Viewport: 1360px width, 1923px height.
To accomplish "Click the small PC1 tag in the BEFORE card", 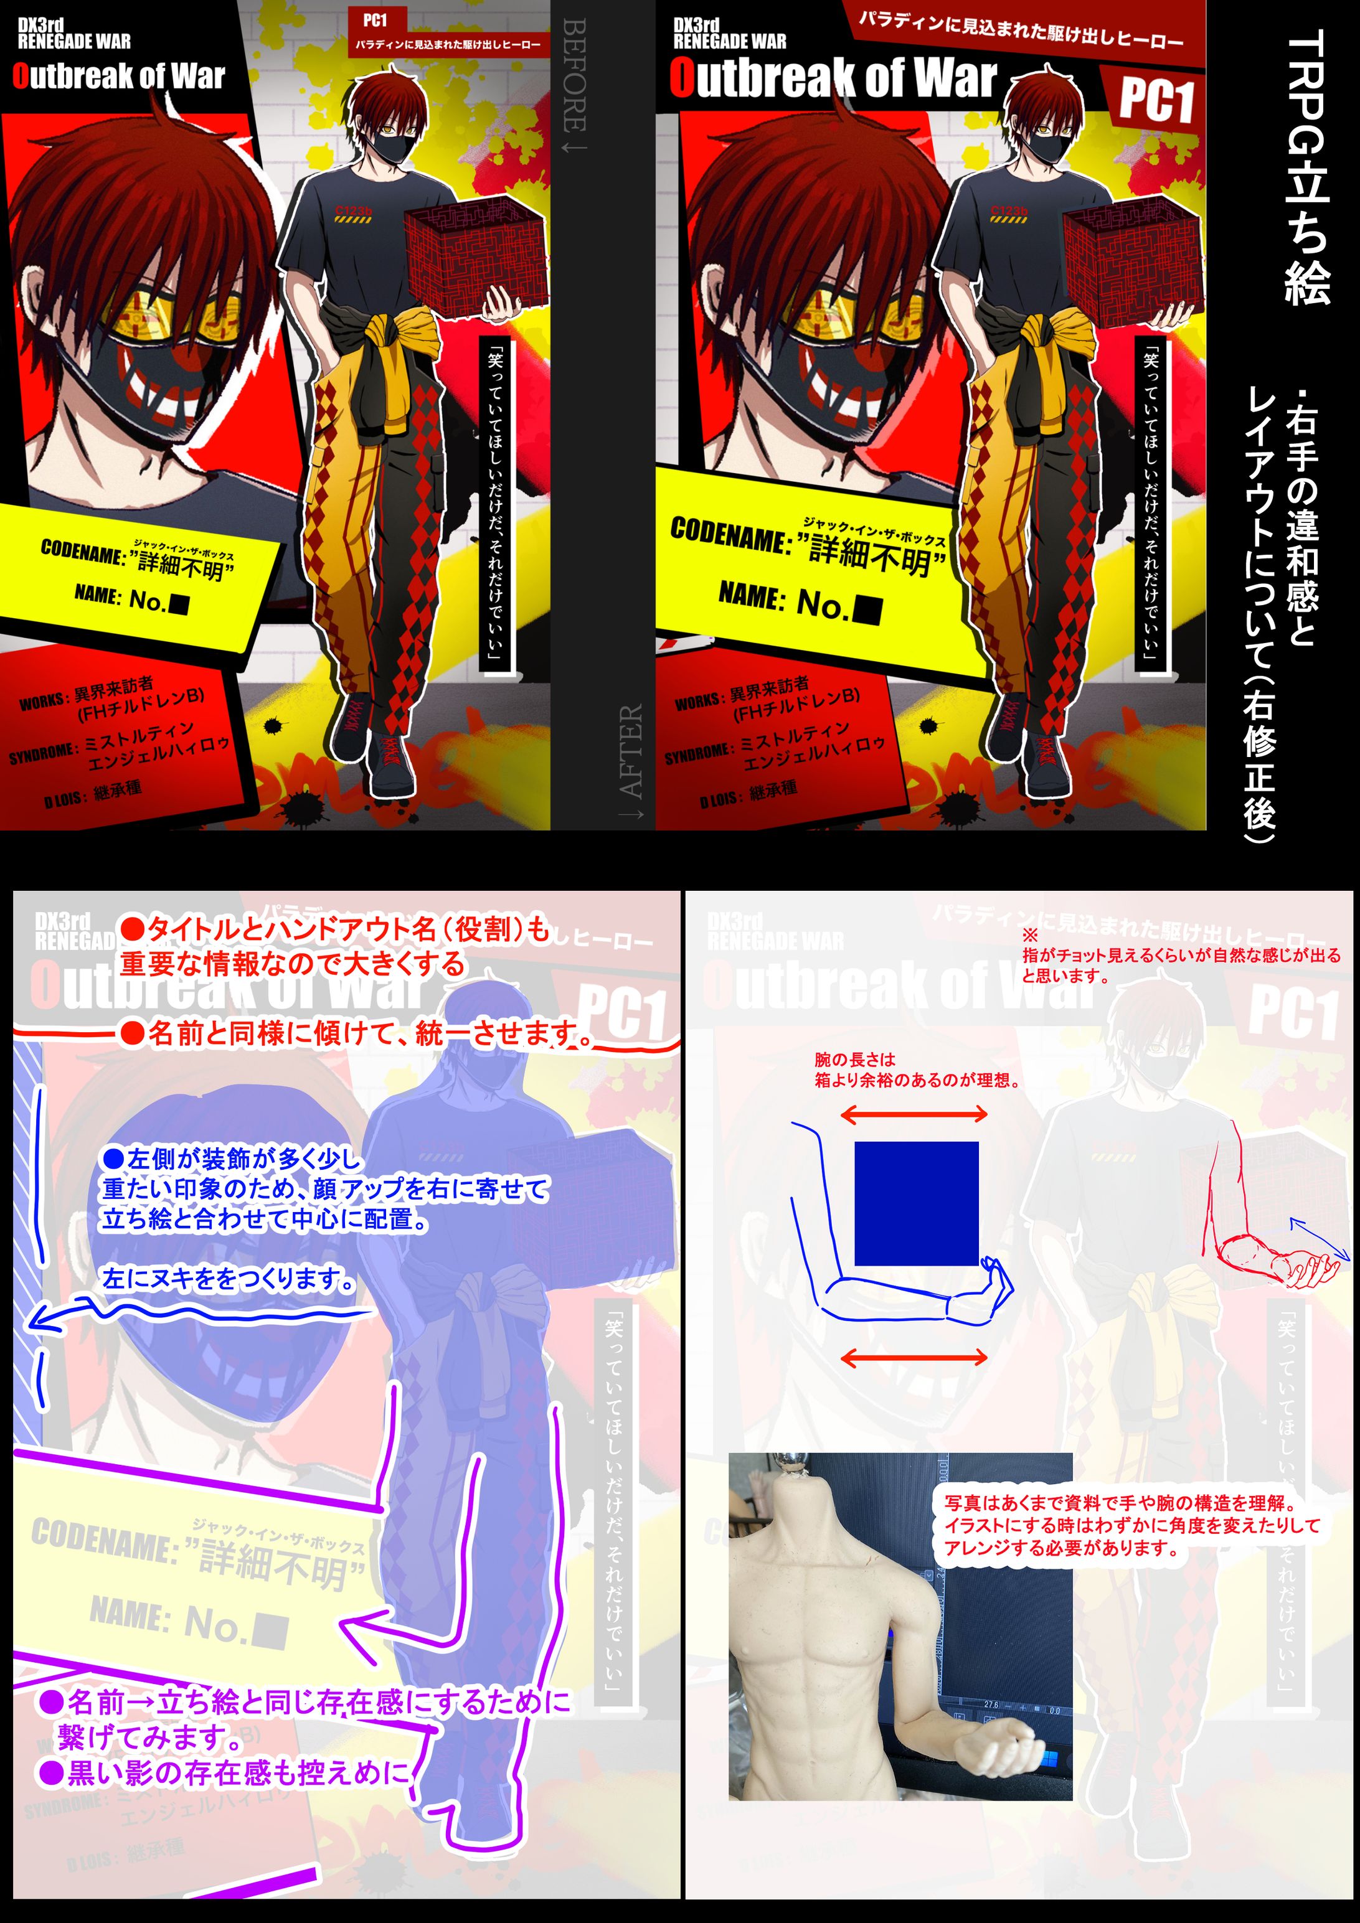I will tap(375, 20).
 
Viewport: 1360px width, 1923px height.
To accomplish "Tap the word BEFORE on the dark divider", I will tap(574, 84).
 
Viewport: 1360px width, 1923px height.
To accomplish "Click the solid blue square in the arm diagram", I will tap(916, 1203).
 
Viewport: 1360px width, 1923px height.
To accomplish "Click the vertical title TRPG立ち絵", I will tap(1307, 167).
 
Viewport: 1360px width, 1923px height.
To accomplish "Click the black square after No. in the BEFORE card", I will tap(179, 603).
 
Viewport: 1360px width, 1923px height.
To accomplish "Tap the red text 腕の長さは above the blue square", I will tap(855, 1060).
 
